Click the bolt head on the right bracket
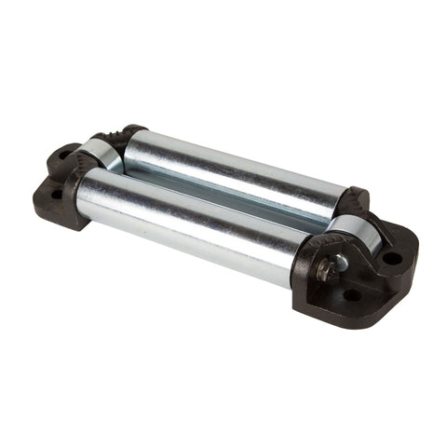tap(326, 269)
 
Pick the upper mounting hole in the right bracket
tap(392, 257)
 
